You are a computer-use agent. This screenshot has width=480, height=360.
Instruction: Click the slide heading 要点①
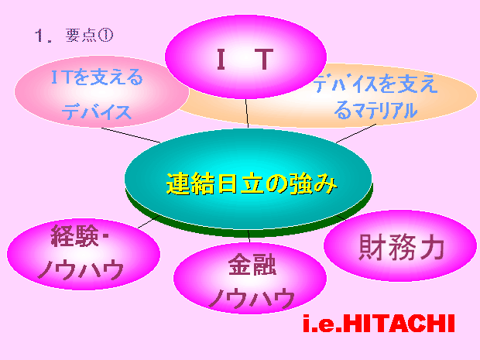click(89, 35)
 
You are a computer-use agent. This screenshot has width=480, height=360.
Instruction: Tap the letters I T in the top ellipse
click(245, 59)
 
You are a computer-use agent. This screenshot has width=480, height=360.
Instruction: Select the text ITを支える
click(97, 77)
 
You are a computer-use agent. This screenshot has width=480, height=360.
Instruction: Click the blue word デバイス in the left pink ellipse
click(97, 111)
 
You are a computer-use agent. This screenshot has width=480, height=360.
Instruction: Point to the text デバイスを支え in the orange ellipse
click(375, 84)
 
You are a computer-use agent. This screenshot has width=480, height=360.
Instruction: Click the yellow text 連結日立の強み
click(252, 183)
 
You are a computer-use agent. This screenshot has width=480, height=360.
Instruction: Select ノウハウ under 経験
click(81, 269)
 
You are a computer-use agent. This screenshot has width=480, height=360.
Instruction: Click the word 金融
click(252, 265)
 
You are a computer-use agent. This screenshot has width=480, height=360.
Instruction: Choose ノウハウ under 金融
click(252, 298)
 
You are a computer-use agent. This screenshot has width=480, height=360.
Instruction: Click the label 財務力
click(402, 247)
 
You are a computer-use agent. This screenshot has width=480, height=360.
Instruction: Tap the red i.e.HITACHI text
click(379, 324)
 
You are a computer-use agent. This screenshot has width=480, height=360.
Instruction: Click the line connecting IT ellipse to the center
click(247, 113)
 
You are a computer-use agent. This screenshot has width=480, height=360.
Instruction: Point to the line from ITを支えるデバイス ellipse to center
click(131, 135)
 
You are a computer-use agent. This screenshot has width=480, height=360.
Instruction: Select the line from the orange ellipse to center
click(356, 133)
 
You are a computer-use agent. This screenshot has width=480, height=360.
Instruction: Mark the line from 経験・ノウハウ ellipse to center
click(149, 222)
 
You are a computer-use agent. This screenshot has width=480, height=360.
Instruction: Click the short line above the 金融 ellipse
click(249, 236)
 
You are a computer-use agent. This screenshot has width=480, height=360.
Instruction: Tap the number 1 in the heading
click(39, 36)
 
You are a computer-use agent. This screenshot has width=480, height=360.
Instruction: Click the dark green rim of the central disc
click(249, 233)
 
